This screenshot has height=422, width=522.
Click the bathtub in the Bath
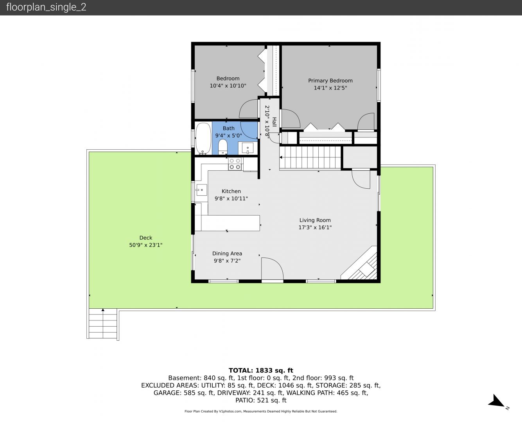203,139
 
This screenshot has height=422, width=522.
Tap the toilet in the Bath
223,147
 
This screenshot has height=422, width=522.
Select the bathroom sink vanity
248,148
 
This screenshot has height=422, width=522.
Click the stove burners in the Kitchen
235,164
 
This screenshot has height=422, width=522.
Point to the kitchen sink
201,190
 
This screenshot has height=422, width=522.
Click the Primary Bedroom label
330,80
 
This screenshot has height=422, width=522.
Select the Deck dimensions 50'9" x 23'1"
146,245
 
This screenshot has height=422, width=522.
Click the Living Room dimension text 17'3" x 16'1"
315,227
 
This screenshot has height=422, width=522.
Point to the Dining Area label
227,254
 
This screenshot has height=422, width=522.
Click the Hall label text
274,122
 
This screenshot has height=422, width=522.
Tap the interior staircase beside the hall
310,157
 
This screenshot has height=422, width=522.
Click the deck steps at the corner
103,324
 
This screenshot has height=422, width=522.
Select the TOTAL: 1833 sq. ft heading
261,370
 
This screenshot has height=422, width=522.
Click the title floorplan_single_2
46,7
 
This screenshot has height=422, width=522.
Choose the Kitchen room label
231,191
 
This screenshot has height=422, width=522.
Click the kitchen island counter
230,223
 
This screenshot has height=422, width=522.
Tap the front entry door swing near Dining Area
272,268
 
